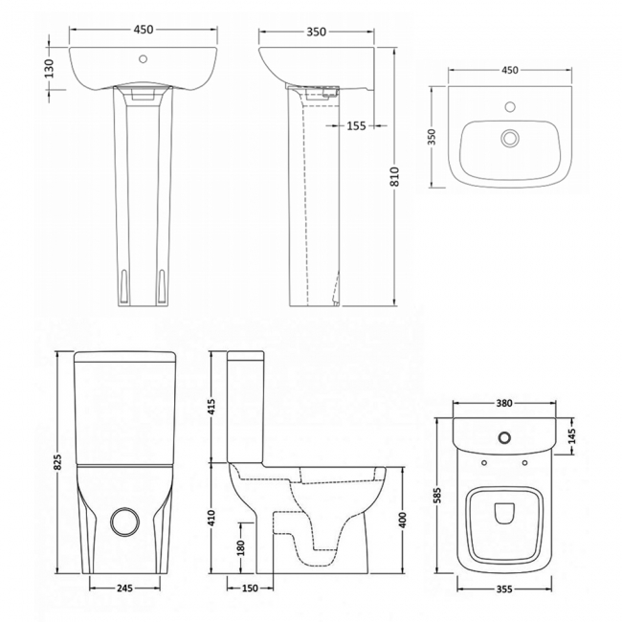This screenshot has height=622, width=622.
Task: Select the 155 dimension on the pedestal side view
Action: point(357,124)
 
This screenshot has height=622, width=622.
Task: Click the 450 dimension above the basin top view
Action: point(509,70)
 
